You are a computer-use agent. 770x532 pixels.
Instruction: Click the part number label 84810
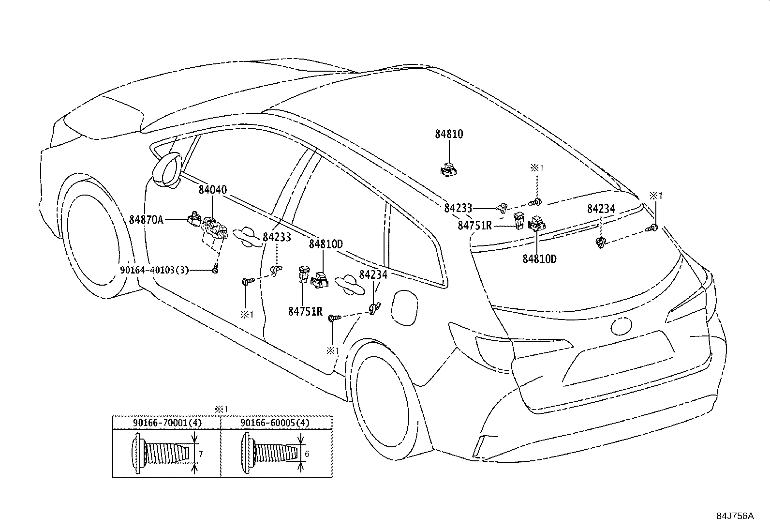(449, 134)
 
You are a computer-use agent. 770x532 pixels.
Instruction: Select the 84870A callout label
(146, 220)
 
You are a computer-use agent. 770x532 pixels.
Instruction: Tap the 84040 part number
(212, 190)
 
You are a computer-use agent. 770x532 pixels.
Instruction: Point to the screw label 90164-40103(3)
(154, 270)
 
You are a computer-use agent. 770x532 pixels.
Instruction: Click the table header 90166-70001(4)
(167, 423)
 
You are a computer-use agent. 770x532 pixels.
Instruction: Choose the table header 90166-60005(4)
(275, 423)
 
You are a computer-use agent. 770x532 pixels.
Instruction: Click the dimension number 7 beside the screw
(201, 454)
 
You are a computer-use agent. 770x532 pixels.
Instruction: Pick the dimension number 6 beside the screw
(307, 454)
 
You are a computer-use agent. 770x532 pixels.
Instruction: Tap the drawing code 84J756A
(735, 516)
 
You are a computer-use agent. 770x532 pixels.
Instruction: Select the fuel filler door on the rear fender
(405, 308)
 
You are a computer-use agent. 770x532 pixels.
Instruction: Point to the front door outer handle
(247, 236)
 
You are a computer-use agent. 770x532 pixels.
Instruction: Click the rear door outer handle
(349, 285)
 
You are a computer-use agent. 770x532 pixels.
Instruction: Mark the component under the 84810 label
(448, 168)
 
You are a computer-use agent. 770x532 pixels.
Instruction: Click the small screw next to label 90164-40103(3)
(215, 268)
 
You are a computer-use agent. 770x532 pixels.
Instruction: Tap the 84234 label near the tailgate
(601, 209)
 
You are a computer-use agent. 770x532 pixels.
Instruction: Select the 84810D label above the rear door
(326, 244)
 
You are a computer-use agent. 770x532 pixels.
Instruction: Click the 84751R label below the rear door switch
(305, 311)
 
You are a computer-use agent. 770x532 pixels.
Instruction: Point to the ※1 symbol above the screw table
(221, 410)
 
